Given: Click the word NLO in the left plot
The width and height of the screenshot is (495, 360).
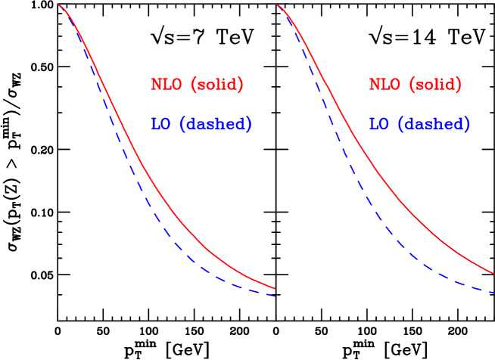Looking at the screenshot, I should point(167,85).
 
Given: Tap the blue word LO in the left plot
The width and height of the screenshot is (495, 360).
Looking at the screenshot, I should point(160,124).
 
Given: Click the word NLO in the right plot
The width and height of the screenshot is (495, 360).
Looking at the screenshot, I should point(384,85).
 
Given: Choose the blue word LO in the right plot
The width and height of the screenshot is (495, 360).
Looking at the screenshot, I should point(378,124).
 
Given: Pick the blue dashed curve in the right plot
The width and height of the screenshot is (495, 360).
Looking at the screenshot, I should point(356,182).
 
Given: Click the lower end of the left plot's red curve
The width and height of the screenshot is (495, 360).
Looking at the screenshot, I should point(273,288).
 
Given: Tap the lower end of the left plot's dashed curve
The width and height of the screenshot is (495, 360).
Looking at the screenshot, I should point(273,295).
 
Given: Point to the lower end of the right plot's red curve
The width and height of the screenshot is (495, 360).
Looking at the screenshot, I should point(493,273).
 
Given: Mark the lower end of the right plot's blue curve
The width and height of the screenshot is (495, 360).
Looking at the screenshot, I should point(493,292).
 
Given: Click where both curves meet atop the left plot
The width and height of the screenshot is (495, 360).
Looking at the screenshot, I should point(59,5).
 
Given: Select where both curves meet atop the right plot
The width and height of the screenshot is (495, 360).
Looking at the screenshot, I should point(277,5).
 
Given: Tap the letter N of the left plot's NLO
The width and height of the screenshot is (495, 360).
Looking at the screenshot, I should point(156,85).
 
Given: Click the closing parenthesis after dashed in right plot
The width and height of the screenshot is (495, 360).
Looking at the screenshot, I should point(466,124).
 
